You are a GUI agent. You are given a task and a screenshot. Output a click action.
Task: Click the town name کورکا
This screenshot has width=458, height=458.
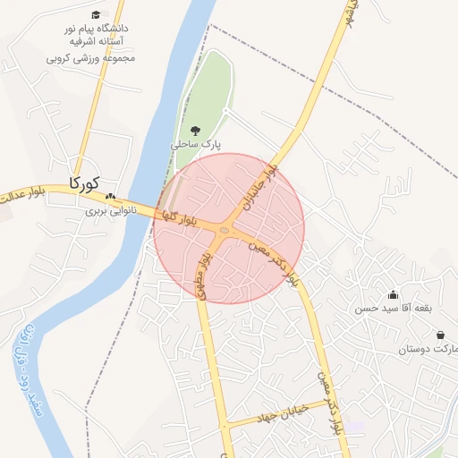click(x=83, y=184)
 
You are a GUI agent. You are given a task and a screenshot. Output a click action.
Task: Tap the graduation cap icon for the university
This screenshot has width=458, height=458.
click(x=96, y=14)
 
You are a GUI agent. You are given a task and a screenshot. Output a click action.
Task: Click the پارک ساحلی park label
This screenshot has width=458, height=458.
click(x=197, y=143)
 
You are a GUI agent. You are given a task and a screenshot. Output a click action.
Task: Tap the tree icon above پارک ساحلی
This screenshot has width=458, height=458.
click(x=197, y=130)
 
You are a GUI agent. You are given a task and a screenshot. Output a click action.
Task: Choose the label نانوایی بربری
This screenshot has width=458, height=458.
click(x=109, y=212)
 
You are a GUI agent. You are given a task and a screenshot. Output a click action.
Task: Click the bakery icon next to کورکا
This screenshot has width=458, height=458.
click(x=110, y=197)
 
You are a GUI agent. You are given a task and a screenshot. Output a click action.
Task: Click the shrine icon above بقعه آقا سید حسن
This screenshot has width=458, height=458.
click(x=393, y=295)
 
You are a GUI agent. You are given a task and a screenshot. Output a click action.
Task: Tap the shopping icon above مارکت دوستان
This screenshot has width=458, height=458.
click(x=441, y=335)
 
